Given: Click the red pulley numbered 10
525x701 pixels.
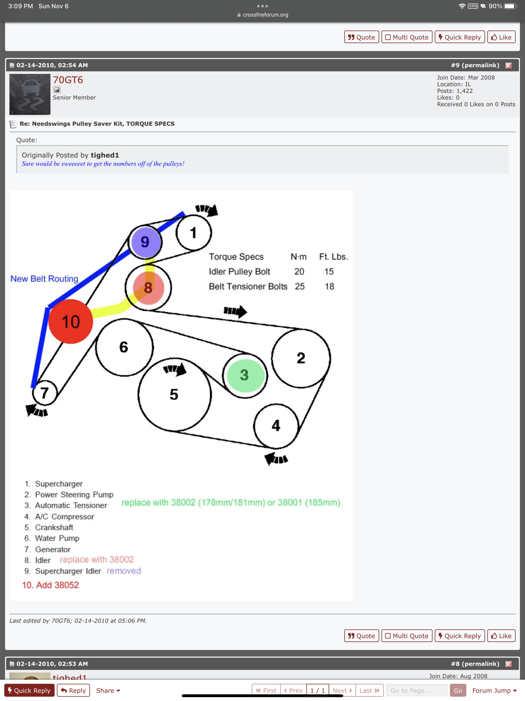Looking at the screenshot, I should [70, 321].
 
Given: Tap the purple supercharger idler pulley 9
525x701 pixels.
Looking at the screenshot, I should [145, 242].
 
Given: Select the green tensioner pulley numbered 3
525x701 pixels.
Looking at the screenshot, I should [245, 375].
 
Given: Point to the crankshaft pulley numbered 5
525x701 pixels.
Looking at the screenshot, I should [174, 395].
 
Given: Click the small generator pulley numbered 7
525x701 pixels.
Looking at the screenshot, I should [44, 393].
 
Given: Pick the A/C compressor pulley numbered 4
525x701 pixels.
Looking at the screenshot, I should [276, 426].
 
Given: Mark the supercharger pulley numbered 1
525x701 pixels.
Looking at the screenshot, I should [193, 233].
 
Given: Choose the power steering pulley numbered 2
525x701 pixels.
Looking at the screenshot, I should [301, 358].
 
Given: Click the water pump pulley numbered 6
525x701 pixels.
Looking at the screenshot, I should [124, 347].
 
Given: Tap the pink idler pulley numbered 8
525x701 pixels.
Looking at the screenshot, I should [148, 288].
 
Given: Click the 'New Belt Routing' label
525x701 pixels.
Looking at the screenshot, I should [44, 279].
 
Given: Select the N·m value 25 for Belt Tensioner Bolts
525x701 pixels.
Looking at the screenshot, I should [299, 286].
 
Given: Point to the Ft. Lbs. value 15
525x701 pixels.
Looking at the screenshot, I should [329, 272].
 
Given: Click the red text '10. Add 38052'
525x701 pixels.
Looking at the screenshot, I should [50, 585].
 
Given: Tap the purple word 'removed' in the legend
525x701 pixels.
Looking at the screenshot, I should [124, 571].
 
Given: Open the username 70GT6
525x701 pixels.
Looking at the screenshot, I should [68, 80].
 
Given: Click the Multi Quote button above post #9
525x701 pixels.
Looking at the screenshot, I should [407, 37].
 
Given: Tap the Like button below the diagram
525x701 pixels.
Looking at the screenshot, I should [501, 636].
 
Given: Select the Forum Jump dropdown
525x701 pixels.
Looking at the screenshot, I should [494, 690].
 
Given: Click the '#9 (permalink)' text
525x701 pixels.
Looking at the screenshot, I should [475, 65].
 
